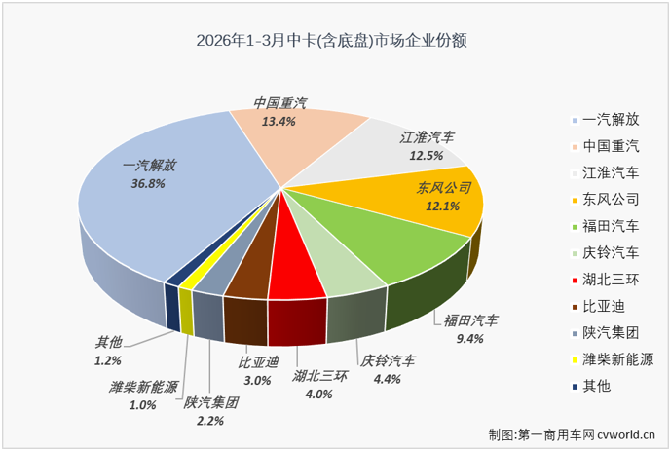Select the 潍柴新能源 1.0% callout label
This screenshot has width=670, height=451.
pos(143,395)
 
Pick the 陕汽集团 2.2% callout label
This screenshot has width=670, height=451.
pos(211,410)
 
